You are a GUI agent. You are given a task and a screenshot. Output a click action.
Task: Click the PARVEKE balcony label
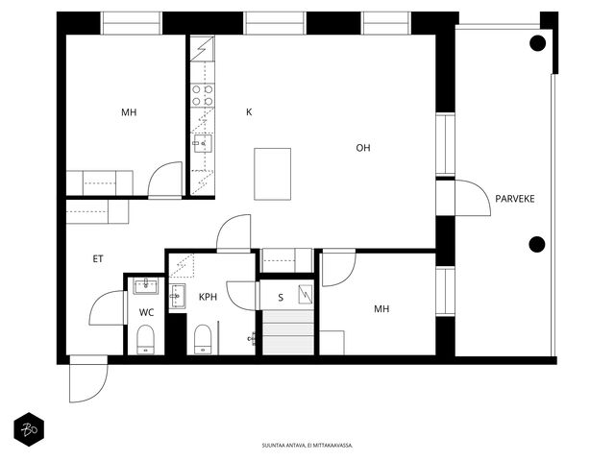click(515, 199)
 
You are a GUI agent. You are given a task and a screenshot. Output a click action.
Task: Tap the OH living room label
click(363, 148)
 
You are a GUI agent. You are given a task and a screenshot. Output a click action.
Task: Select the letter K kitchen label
click(249, 112)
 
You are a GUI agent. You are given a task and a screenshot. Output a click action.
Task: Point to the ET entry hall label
click(98, 258)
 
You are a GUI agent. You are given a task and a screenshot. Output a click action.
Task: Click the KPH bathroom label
click(208, 297)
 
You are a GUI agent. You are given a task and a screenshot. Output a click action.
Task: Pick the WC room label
click(146, 312)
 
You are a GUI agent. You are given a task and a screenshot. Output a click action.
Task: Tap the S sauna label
click(281, 298)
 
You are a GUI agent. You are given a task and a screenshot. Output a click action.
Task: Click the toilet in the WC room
click(145, 339)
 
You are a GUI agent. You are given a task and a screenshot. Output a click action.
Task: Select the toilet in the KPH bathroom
click(203, 339)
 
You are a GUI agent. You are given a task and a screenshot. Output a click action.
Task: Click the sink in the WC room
click(145, 286)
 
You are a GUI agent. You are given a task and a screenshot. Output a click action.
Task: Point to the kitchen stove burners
click(203, 95)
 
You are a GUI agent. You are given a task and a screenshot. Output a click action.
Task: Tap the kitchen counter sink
click(203, 143)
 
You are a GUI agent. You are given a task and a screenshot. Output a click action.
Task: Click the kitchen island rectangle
click(273, 174)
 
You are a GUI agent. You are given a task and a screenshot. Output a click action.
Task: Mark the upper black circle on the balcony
click(537, 43)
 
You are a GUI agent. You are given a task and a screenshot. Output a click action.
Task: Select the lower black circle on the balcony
click(537, 245)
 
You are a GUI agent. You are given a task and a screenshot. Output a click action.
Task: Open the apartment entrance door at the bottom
click(88, 378)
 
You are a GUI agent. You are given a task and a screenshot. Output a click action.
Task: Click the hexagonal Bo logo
click(29, 429)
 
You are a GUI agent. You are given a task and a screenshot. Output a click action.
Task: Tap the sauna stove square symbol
click(306, 295)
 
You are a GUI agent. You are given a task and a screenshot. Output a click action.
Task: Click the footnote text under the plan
click(307, 446)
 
